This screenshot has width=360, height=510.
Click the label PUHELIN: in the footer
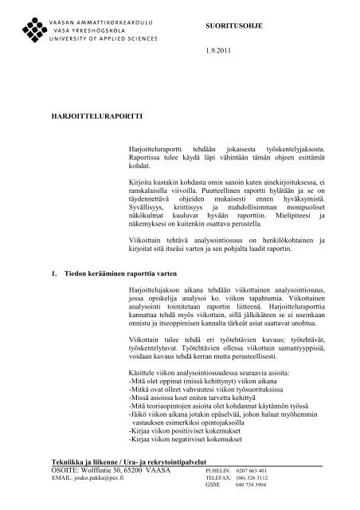[217, 471]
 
